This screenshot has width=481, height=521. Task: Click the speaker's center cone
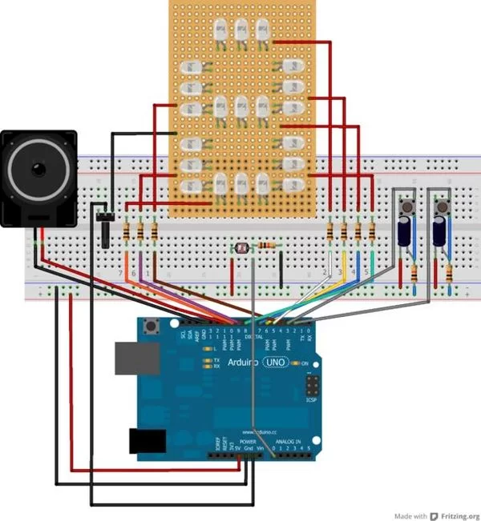pyautogui.click(x=38, y=170)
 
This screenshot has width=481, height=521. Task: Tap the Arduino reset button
pyautogui.click(x=152, y=326)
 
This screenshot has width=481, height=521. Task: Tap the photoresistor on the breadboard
pyautogui.click(x=241, y=248)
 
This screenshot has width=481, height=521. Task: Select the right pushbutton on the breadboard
pyautogui.click(x=442, y=209)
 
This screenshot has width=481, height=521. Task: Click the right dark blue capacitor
pyautogui.click(x=440, y=233)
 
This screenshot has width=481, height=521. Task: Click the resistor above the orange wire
pyautogui.click(x=127, y=232)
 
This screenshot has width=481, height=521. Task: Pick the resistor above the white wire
pyautogui.click(x=331, y=232)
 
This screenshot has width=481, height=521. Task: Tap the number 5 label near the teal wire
pyautogui.click(x=366, y=273)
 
